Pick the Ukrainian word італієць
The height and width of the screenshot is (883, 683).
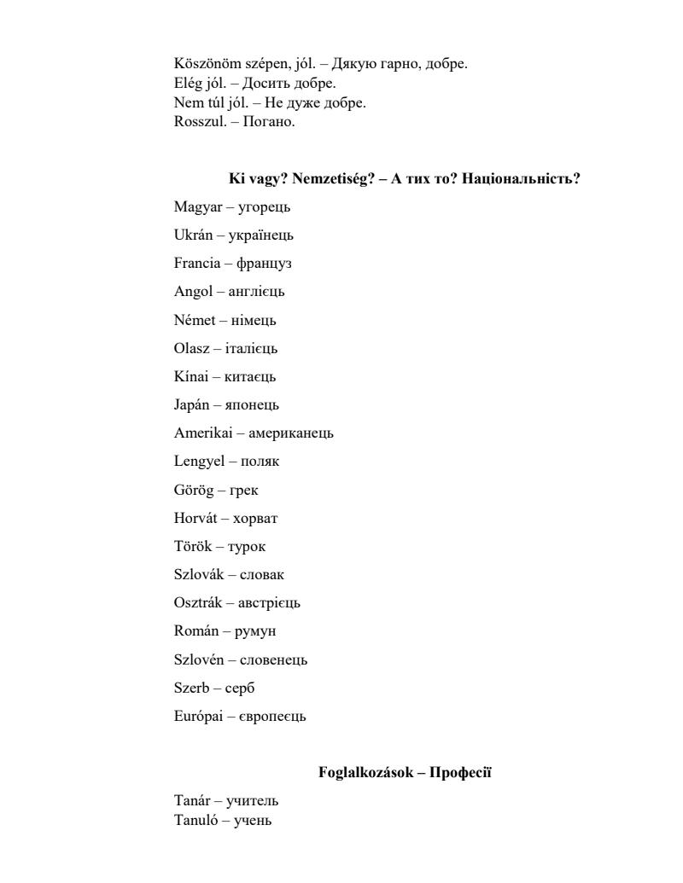(251, 348)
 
